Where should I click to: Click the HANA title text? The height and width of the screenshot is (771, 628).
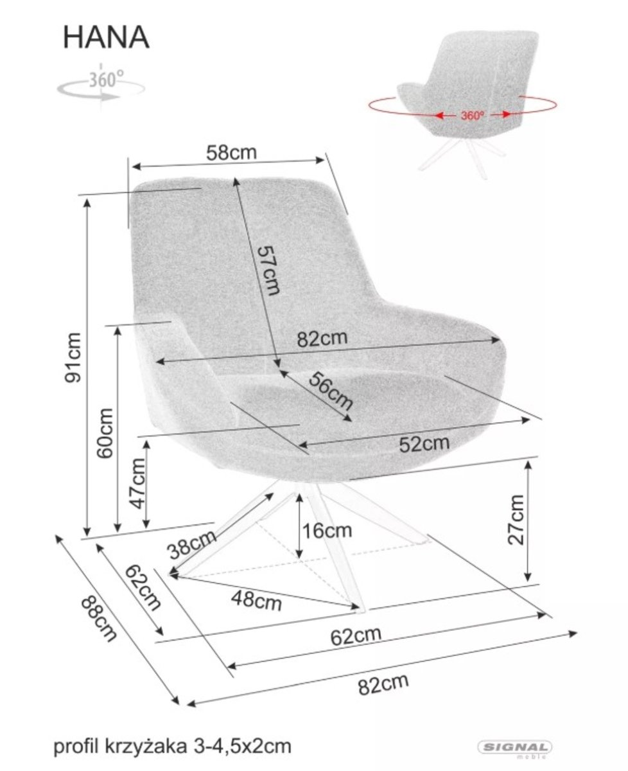point(107,38)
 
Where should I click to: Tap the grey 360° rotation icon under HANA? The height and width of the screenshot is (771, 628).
point(101,86)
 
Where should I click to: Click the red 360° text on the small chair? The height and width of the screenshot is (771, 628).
point(473,116)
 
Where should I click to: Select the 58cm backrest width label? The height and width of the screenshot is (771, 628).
point(232,153)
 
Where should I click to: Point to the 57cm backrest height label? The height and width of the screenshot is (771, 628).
point(268,270)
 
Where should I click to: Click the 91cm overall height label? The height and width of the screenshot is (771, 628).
point(73,357)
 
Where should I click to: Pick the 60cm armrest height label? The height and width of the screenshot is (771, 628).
point(105,433)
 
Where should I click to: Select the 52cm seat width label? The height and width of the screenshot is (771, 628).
point(424,444)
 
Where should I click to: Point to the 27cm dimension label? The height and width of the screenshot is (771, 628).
point(516,519)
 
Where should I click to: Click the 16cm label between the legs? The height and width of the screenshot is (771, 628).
point(327,531)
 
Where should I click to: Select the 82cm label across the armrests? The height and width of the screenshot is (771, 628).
point(322,339)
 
